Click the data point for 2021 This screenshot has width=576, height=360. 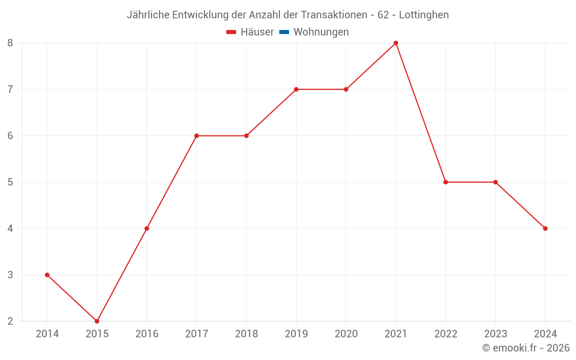coord(396,43)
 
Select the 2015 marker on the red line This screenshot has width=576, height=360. coord(97,321)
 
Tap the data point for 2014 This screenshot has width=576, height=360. coord(47,275)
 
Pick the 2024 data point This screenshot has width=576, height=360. coord(545,229)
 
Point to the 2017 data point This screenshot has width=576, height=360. coord(196,136)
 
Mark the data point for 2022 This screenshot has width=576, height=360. coord(445,182)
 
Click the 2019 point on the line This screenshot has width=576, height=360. coord(296,89)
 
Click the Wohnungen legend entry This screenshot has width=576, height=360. coord(321,32)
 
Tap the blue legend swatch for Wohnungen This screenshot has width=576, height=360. coord(284,32)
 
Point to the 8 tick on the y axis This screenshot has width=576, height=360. coord(10,43)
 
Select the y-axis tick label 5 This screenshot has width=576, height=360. coord(10,182)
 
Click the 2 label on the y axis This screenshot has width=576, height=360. coord(10,321)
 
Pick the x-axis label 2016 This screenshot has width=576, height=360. coord(146,334)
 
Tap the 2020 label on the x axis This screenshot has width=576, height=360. coord(346,334)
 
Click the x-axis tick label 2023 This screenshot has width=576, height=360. coord(495,334)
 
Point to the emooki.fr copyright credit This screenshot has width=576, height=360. coord(526,348)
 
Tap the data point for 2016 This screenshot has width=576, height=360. coord(147,229)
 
